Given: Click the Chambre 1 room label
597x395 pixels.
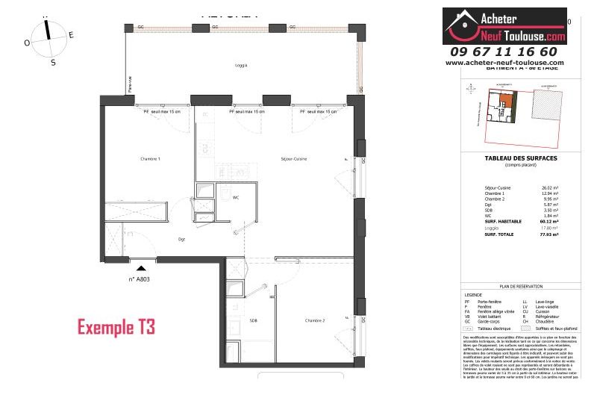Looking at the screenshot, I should [150, 159].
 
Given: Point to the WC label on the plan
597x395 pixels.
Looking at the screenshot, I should [235, 198].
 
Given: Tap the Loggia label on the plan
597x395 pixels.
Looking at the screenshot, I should [240, 65].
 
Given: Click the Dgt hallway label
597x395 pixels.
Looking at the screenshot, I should [181, 239].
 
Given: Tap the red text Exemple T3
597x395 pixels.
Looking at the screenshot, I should [116, 327].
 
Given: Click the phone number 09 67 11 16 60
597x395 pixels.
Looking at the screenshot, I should [504, 52].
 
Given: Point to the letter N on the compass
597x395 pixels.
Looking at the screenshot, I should [46, 14].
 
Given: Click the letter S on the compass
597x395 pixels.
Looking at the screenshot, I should [53, 63].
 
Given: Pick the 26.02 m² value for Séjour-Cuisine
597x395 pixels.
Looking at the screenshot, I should [551, 188].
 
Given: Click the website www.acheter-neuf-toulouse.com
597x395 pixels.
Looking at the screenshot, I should [504, 63].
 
